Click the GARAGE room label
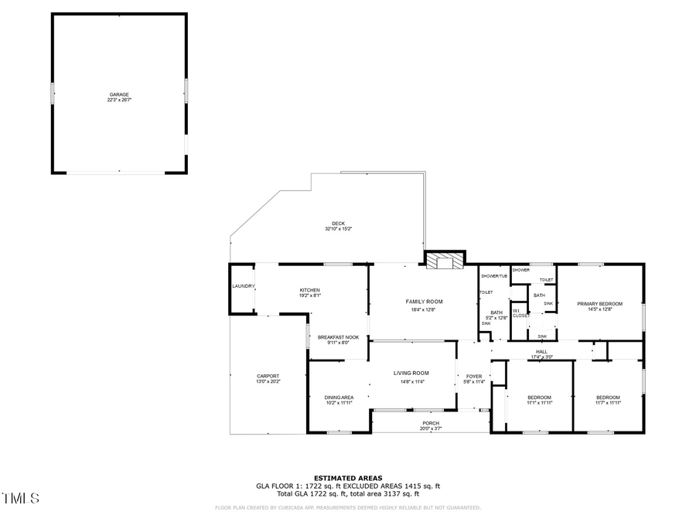pos(118,94)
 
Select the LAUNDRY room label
pos(243,286)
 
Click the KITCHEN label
pos(309,290)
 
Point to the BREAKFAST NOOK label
pos(338,337)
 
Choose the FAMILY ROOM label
pos(424,301)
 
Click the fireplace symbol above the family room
pos(444,261)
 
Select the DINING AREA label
pos(339,397)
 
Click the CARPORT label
pos(268,376)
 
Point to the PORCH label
pos(430,423)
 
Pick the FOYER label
pos(473,377)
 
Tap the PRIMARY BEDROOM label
pos(599,304)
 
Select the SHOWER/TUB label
pos(493,276)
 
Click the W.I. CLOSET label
pos(520,313)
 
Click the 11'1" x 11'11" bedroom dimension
pos(539,402)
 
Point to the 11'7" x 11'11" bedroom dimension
pos(607,402)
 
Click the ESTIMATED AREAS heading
pos(347,478)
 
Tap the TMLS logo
pos(20,499)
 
